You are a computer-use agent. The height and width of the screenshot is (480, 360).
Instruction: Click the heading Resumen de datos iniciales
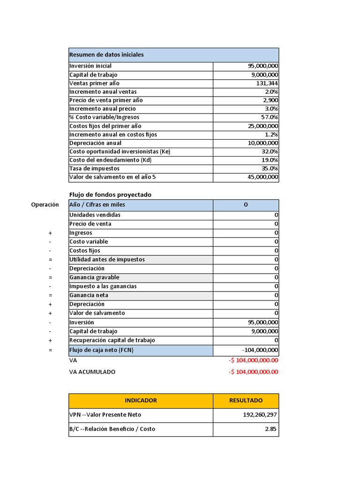pos(106,55)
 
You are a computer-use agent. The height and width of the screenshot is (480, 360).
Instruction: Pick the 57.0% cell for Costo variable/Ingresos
pos(270,117)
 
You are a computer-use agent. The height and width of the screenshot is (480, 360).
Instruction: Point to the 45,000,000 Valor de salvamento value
pos(262,177)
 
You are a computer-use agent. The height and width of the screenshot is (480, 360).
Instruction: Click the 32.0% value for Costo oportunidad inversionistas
pos(270,151)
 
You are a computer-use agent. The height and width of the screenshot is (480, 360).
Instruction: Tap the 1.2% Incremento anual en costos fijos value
pos(271,135)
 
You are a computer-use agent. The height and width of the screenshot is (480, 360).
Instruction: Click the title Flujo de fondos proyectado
pos(110,195)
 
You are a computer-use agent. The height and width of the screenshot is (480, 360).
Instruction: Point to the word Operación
pos(45,205)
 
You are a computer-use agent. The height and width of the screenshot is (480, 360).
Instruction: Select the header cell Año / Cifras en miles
pos(97,205)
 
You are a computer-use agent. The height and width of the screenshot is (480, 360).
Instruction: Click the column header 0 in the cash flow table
pos(246,205)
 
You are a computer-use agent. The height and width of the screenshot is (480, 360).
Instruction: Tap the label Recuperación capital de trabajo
pos(112,340)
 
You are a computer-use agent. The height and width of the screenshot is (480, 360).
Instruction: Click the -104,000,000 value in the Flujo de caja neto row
pos(260,350)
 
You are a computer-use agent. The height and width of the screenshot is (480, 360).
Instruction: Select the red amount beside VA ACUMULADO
pos(254,372)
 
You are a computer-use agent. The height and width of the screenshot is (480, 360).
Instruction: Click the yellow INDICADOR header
pos(141,400)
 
